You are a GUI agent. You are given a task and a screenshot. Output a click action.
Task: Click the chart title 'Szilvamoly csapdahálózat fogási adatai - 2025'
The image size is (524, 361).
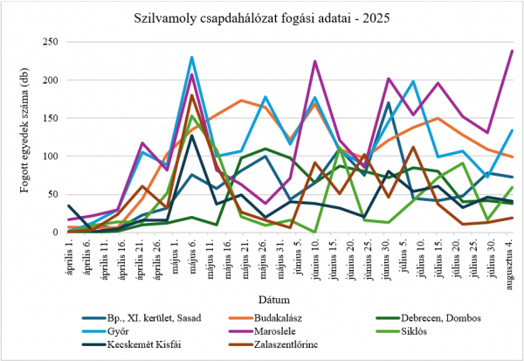[x=263, y=17]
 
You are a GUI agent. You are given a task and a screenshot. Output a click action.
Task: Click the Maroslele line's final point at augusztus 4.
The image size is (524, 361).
[x=512, y=51]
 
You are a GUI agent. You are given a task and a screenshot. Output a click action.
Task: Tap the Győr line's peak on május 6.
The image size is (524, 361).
[x=191, y=58]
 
